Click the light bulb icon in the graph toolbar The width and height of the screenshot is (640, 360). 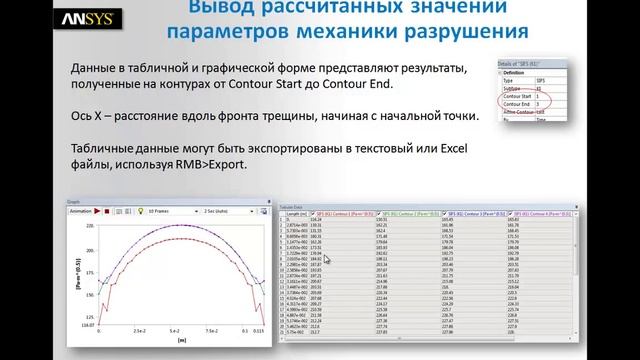[x=141, y=211]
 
